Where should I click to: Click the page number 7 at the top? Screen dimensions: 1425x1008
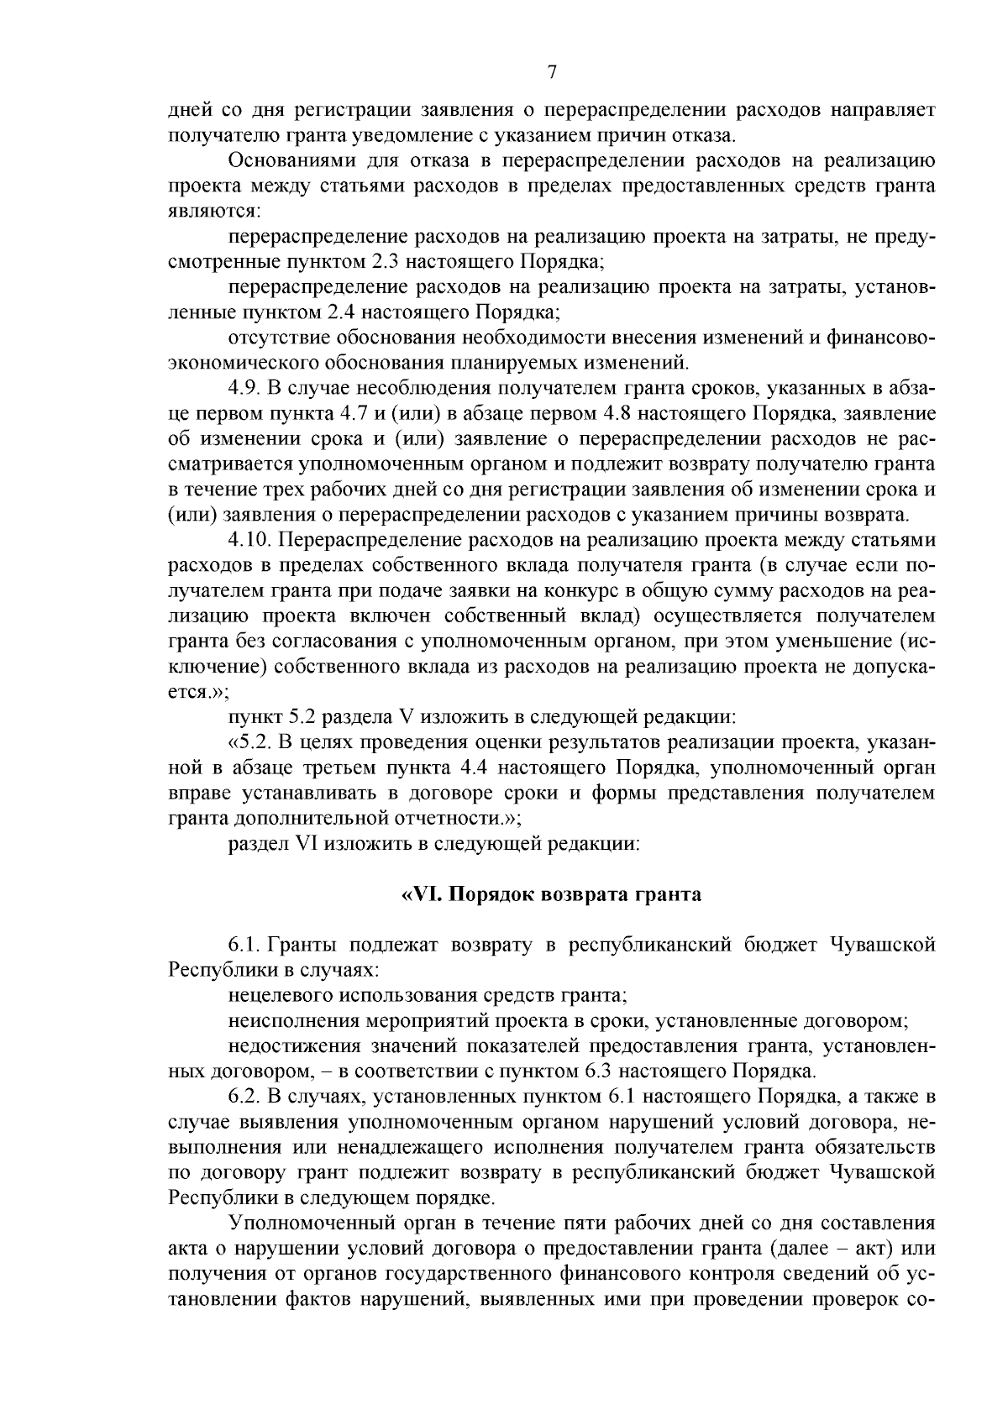point(552,73)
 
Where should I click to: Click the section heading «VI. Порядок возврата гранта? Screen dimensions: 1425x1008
point(551,894)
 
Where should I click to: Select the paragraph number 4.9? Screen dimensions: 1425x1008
point(244,388)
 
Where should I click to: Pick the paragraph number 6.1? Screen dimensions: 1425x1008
point(244,945)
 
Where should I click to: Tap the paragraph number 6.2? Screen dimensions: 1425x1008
point(244,1097)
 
